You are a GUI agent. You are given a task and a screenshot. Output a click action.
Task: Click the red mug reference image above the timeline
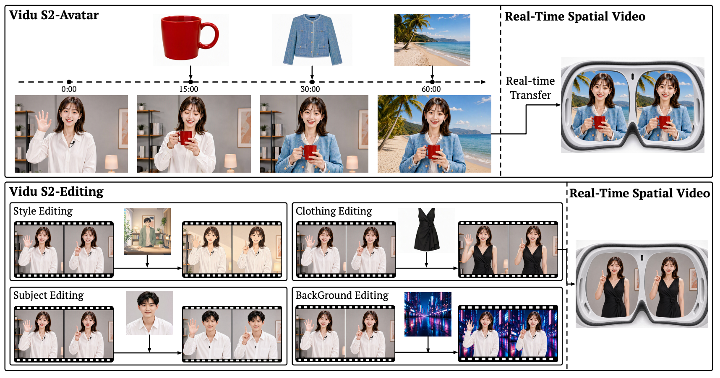pos(190,40)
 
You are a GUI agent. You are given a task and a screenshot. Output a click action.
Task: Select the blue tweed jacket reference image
pos(312,40)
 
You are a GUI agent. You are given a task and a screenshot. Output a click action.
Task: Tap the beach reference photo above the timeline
pos(432,40)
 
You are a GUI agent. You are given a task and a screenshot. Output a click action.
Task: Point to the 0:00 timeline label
pos(69,89)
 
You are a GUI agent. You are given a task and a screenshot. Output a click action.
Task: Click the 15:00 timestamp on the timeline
pos(189,89)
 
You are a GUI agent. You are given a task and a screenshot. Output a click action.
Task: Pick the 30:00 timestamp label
pos(310,89)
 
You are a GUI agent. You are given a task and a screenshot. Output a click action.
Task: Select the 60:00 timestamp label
pos(431,89)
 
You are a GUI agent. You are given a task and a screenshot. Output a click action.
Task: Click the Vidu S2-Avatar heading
pos(54,16)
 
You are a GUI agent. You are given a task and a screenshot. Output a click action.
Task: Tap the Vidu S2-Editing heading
pos(56,192)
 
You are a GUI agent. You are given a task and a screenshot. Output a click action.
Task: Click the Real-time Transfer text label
pos(530,88)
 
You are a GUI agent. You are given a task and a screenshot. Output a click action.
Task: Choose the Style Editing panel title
pos(43,211)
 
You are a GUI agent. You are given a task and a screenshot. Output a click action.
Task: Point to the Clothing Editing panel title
pos(334,211)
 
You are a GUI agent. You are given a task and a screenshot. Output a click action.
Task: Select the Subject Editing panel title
pos(49,295)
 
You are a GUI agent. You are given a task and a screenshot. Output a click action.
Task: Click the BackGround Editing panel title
pos(342,295)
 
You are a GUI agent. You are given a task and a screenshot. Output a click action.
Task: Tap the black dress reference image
pos(427,230)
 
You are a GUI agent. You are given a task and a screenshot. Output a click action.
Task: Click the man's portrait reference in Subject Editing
pos(149,313)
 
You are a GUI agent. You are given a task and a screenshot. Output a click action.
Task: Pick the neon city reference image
pos(428,314)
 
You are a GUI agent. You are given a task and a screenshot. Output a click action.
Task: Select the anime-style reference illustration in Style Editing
pos(147,232)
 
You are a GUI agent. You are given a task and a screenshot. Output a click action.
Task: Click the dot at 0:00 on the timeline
pos(69,82)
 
